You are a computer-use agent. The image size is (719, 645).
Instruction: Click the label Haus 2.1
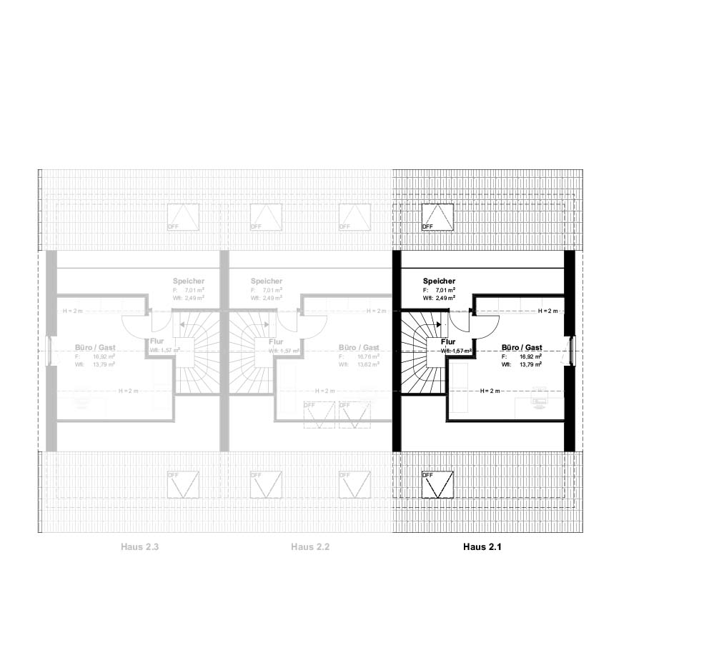tap(482, 547)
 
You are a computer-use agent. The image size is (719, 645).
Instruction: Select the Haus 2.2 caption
tap(310, 547)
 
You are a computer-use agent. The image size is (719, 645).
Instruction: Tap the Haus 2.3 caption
tap(139, 547)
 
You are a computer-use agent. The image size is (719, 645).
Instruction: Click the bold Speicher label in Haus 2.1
tap(439, 281)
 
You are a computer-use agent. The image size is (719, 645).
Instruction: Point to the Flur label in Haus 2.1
tap(448, 342)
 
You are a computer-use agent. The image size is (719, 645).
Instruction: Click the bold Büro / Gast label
tap(522, 347)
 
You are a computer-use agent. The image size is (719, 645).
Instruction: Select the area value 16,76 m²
tap(367, 356)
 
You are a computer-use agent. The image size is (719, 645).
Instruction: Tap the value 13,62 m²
tap(367, 364)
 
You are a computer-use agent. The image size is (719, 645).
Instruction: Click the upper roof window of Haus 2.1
tap(437, 217)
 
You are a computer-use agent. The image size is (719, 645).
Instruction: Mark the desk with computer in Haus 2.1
tap(540, 399)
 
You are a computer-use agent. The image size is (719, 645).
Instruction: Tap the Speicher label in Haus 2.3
tap(188, 281)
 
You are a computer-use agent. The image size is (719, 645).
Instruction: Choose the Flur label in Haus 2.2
tap(264, 342)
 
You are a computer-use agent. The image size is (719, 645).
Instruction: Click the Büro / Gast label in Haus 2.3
tap(95, 348)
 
